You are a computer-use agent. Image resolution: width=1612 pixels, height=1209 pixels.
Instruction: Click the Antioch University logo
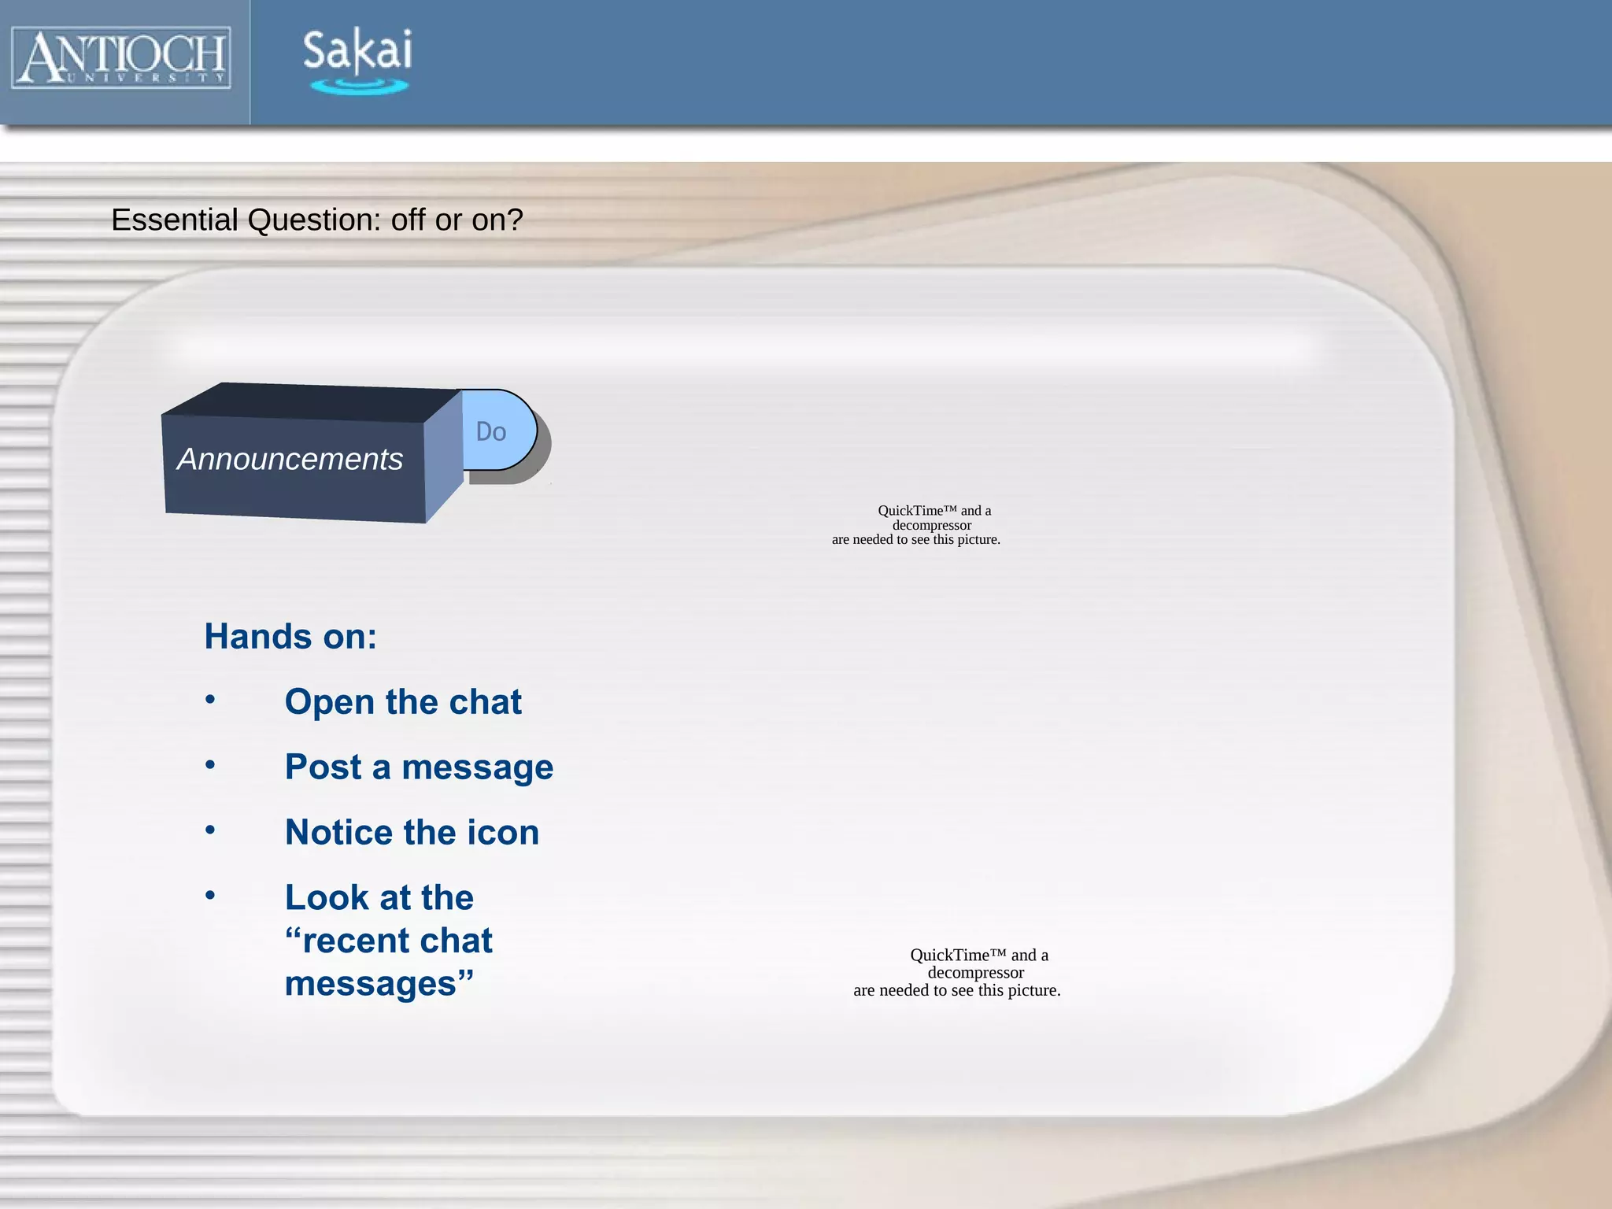click(x=121, y=57)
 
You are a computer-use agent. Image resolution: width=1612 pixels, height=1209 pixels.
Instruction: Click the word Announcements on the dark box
click(x=290, y=460)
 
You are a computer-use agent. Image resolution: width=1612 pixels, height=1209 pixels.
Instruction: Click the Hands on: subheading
click(x=290, y=636)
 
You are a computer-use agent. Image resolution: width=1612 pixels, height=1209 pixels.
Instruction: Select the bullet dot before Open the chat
click(x=210, y=699)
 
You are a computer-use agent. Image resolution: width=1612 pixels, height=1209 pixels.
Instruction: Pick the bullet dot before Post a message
click(x=210, y=764)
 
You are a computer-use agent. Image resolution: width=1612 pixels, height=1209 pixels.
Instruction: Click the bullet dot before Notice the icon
click(x=210, y=830)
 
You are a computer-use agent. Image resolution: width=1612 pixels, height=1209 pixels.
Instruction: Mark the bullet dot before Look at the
click(x=210, y=895)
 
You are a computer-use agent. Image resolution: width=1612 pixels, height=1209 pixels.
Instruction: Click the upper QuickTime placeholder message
click(x=916, y=525)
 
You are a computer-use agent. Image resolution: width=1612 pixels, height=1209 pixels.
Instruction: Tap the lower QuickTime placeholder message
click(x=957, y=973)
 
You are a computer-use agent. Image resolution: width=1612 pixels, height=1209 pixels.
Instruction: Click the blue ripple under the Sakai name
click(x=359, y=86)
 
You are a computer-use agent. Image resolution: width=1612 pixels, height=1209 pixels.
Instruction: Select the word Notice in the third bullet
click(x=339, y=833)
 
